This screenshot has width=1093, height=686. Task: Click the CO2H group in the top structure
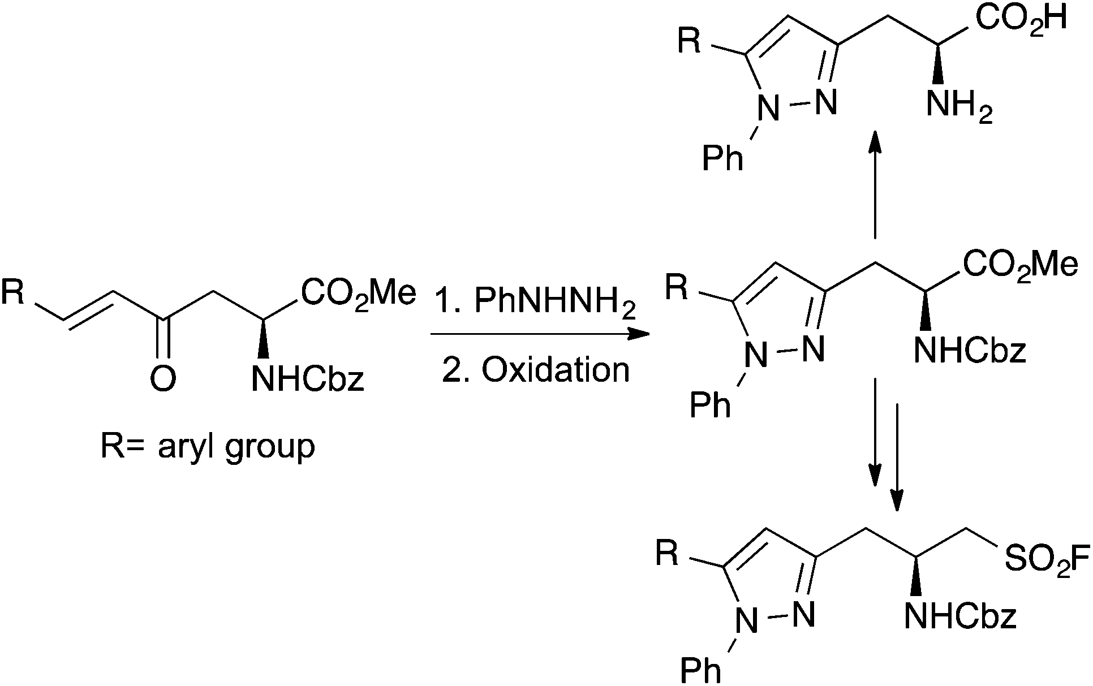pos(1021,19)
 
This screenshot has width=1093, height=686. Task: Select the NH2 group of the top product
pos(959,105)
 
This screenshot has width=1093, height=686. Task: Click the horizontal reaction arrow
pos(540,335)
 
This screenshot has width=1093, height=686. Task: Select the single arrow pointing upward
pos(875,187)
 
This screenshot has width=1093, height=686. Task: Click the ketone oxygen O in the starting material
pos(163,378)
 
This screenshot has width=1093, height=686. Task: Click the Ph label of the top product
pos(722,159)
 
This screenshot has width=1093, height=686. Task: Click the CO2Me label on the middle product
pos(1020,265)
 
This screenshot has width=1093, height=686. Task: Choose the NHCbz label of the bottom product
pos(960,616)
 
